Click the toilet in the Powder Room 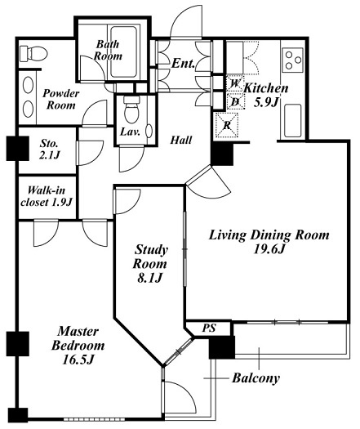click(x=33, y=53)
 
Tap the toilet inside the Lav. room click(x=131, y=110)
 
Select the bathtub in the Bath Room click(x=123, y=51)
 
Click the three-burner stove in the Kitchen click(x=293, y=60)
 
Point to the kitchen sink click(x=293, y=121)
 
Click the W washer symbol click(x=235, y=83)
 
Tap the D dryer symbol click(x=235, y=102)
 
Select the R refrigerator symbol click(x=227, y=125)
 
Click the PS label click(x=209, y=328)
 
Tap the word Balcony click(x=256, y=378)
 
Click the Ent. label click(x=183, y=64)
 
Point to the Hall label click(x=181, y=140)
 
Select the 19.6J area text click(x=269, y=249)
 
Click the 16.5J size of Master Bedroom click(x=78, y=360)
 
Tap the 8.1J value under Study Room click(x=149, y=279)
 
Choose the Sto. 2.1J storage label click(x=49, y=150)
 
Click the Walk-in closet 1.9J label click(x=47, y=196)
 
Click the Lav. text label click(x=130, y=132)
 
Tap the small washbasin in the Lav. click(x=149, y=131)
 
